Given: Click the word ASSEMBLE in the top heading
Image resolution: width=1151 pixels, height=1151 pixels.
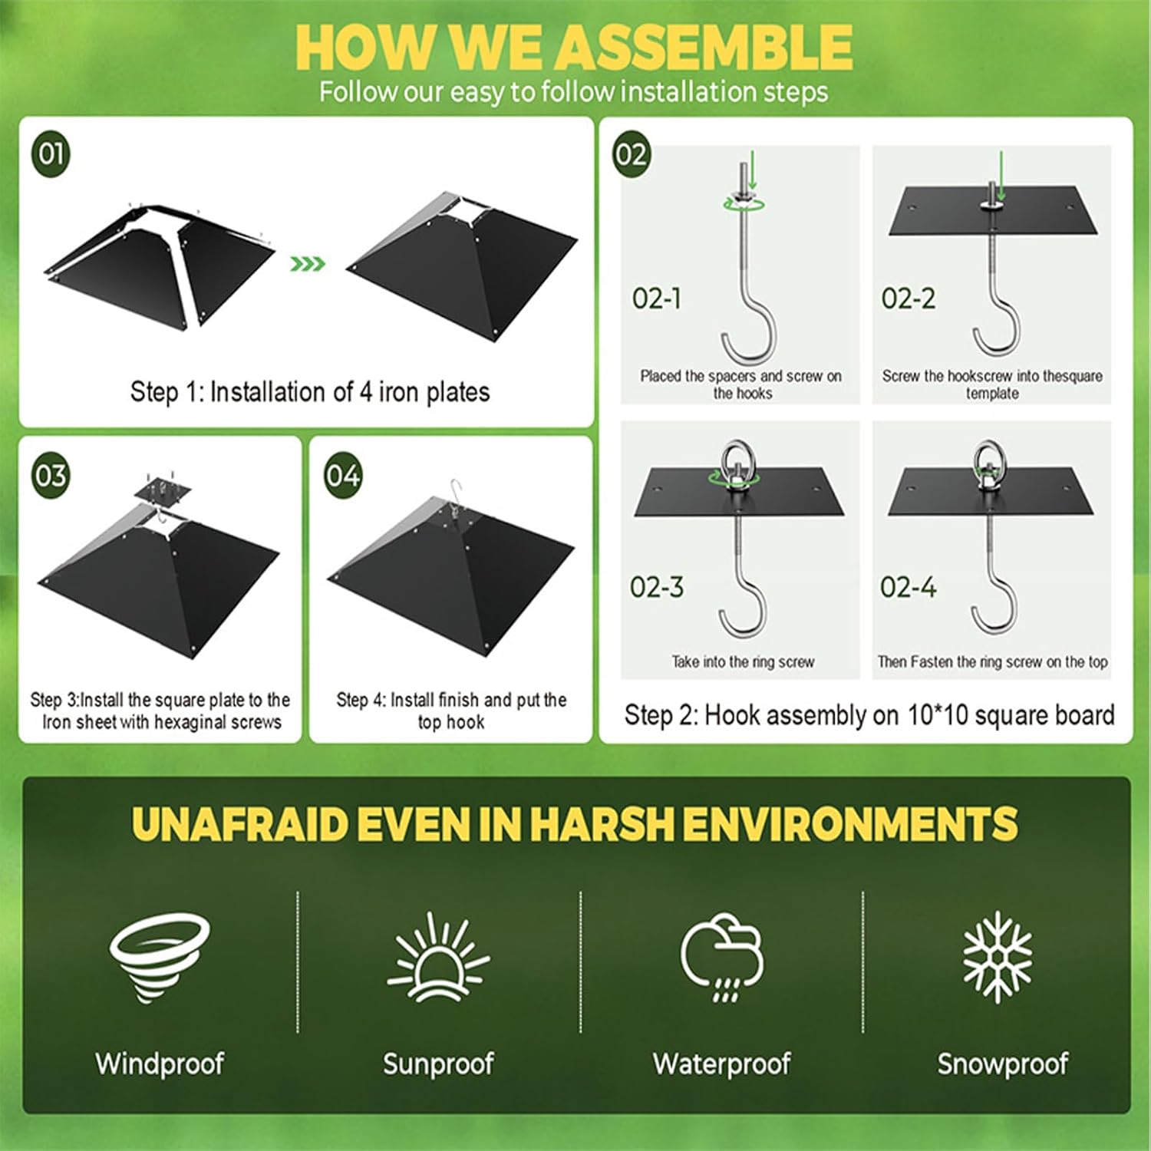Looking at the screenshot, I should point(704,48).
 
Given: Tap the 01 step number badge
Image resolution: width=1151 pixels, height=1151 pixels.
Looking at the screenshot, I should point(51,153).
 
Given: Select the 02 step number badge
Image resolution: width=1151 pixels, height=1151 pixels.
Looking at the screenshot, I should point(631,154).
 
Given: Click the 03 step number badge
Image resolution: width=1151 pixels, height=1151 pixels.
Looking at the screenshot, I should point(51,475).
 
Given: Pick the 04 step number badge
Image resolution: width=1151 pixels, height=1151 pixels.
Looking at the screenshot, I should point(342,476).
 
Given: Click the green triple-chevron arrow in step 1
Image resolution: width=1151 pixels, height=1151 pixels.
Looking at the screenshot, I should point(308,264).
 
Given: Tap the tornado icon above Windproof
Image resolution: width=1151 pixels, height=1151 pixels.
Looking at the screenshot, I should point(159,955).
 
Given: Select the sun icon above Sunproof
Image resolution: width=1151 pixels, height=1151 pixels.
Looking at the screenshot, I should point(438,956).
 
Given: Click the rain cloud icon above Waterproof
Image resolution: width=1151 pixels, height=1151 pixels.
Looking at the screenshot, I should point(722,956).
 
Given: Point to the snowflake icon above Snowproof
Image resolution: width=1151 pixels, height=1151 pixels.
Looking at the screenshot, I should point(998,956).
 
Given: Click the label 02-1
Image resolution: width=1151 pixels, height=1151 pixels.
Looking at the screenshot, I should point(657,298).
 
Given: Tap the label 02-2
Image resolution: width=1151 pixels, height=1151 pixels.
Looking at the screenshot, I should point(909,298).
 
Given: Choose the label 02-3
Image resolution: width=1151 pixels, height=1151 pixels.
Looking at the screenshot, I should point(656,587).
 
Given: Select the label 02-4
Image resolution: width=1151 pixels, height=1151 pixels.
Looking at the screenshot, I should point(909,587).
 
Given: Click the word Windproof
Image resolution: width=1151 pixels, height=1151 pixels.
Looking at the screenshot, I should point(160,1064).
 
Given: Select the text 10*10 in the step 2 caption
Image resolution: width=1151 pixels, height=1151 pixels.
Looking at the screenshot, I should point(941,715).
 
